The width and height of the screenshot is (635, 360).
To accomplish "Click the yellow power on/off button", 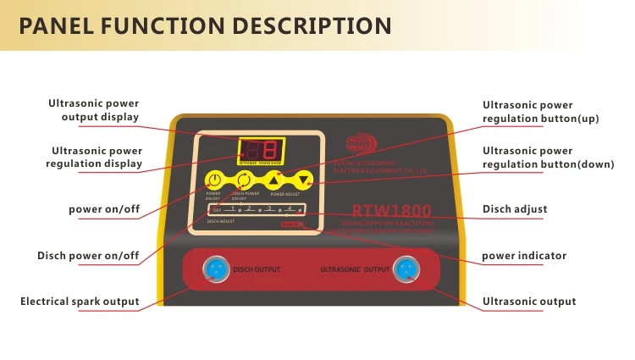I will (215, 180).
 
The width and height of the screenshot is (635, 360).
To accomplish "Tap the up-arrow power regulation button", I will (273, 180).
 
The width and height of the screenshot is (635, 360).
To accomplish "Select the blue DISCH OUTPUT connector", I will (211, 270).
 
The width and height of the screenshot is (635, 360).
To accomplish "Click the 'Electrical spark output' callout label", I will (80, 302).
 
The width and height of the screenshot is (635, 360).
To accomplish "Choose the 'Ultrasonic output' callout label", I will (528, 302).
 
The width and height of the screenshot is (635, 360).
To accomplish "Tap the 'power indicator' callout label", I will (524, 255).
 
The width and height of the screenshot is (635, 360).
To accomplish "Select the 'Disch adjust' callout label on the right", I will (514, 209).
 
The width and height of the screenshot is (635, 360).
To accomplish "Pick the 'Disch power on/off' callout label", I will (88, 255).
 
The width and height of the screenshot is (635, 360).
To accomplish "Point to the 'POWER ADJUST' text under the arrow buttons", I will (284, 195).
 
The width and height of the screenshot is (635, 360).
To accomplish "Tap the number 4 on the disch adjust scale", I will (290, 208).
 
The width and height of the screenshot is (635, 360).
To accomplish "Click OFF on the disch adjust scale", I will (217, 209).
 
